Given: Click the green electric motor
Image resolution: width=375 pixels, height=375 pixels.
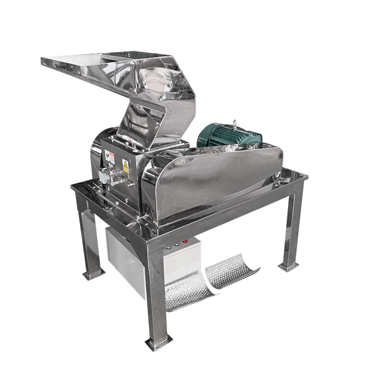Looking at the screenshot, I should click(x=227, y=135).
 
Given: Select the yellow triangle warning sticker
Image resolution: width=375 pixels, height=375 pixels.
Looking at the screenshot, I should click(x=125, y=165).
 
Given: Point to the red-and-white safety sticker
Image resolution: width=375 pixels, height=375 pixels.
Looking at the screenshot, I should click(x=111, y=157).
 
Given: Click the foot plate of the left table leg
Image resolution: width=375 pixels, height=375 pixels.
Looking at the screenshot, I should click(x=94, y=273).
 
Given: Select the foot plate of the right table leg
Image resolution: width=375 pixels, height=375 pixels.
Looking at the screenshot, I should click(x=288, y=266).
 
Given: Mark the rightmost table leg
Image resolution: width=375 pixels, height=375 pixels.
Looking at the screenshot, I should click(x=292, y=225).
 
